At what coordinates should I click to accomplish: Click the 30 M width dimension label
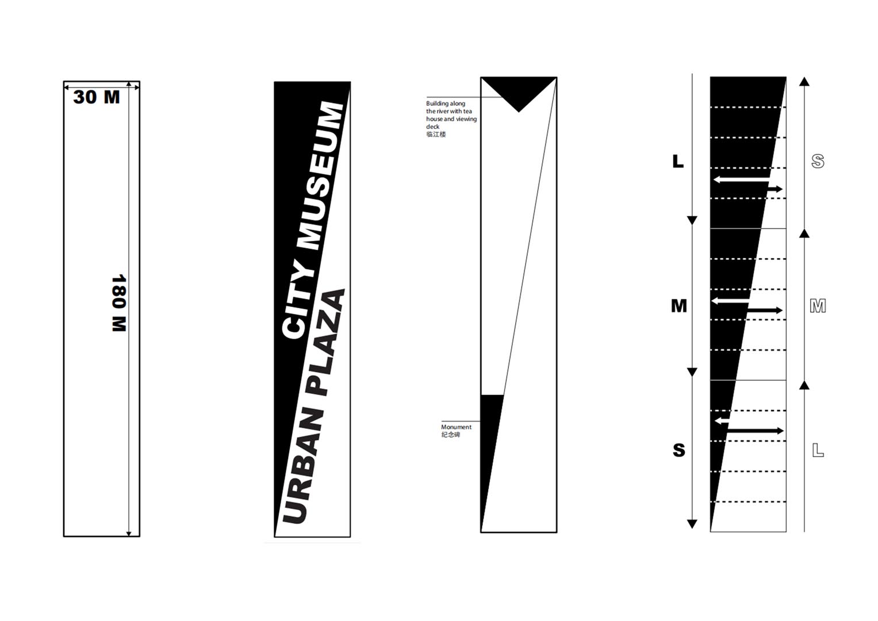tap(97, 97)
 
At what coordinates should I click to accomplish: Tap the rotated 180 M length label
tap(119, 303)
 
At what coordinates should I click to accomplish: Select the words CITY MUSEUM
tap(313, 220)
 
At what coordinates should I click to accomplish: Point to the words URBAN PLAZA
tap(313, 407)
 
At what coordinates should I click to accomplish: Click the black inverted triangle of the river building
tap(519, 91)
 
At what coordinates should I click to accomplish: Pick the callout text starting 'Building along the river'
tap(451, 115)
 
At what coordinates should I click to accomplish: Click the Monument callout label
tap(456, 427)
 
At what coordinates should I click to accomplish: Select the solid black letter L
tap(678, 161)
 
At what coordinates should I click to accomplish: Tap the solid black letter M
tap(679, 306)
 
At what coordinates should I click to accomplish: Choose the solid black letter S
tap(679, 450)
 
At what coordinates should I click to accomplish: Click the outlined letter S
tap(818, 161)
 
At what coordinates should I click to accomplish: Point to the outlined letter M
tap(818, 306)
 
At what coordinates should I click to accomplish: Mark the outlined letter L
tap(818, 450)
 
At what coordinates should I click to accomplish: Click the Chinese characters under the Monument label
tap(450, 435)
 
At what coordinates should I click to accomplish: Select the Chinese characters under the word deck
tap(436, 135)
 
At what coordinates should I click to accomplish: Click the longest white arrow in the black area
tap(741, 179)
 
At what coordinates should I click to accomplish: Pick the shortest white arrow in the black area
tap(722, 421)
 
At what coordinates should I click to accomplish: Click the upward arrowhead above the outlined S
tap(804, 82)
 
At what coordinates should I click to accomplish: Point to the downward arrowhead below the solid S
tap(692, 524)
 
